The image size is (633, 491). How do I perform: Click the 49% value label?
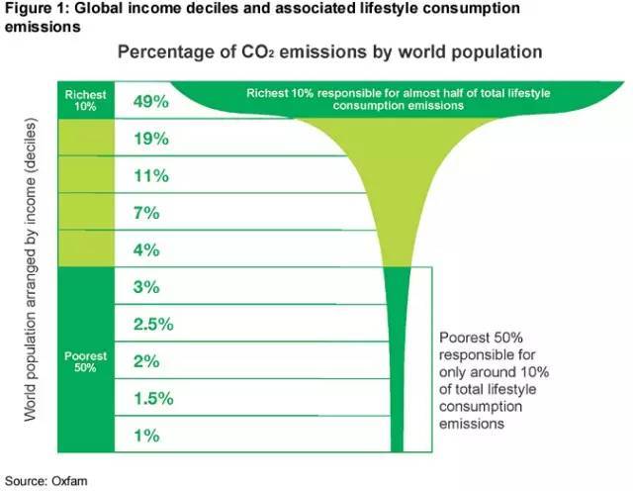[x=151, y=101]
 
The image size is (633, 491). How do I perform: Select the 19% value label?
[x=151, y=139]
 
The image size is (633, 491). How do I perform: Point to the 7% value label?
[x=146, y=213]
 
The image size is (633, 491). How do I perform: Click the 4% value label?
[x=146, y=250]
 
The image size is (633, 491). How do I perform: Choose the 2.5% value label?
[x=153, y=324]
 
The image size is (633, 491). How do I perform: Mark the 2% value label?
[x=146, y=361]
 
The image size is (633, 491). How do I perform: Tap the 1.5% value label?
[x=153, y=398]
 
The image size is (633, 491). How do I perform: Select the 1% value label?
[x=146, y=435]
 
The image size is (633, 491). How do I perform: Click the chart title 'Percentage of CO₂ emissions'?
[x=330, y=50]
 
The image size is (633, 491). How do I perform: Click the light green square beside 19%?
[x=85, y=139]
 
